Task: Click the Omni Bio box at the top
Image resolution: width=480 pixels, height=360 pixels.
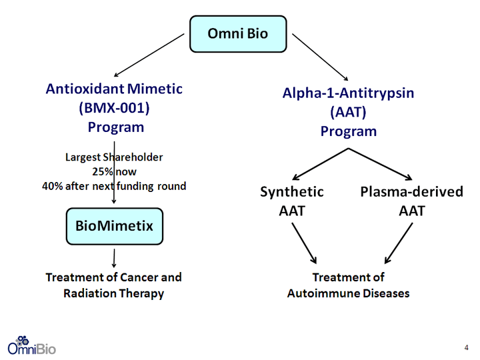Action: (x=238, y=34)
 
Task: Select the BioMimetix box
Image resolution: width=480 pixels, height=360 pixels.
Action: (x=115, y=226)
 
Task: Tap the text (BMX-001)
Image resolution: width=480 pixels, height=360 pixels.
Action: (x=114, y=108)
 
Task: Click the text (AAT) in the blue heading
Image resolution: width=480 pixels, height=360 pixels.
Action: (x=348, y=112)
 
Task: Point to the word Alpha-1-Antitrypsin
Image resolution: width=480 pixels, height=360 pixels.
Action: (x=348, y=93)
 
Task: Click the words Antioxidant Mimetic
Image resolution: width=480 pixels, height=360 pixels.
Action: (x=114, y=89)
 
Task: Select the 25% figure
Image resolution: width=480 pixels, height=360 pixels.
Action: (x=103, y=172)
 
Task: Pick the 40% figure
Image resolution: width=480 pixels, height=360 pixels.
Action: (x=53, y=186)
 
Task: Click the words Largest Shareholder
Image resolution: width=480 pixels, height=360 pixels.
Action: (x=114, y=157)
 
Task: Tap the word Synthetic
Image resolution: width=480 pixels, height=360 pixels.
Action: (x=292, y=192)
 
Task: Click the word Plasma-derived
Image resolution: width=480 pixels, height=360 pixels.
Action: (x=412, y=191)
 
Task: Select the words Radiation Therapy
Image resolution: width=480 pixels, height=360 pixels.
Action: (x=113, y=293)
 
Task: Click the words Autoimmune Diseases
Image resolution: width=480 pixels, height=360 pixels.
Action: (x=349, y=293)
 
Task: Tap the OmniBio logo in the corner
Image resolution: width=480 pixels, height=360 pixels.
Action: (x=31, y=345)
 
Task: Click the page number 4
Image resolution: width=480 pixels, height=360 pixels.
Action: (x=466, y=347)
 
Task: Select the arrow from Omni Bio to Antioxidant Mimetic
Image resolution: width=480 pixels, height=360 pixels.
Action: (x=149, y=55)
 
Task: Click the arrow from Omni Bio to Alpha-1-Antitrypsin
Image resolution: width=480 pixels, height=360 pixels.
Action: (x=320, y=57)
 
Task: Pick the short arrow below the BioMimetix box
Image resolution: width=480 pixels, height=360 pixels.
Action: (x=114, y=258)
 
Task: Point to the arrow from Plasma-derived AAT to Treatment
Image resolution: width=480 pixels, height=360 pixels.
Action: (x=399, y=243)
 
